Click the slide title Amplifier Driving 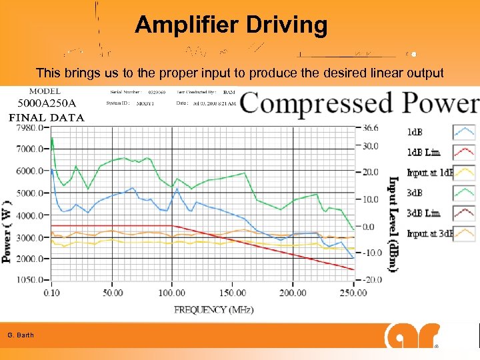(x=231, y=25)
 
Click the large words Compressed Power (x=359, y=104)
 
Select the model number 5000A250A (x=47, y=103)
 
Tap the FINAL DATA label (x=46, y=118)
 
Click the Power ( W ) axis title (x=7, y=230)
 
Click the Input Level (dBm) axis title (x=393, y=223)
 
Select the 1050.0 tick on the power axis (x=31, y=280)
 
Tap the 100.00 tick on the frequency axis (x=173, y=293)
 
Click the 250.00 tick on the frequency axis (x=352, y=293)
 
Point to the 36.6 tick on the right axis (x=371, y=127)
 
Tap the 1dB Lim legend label (x=423, y=153)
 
